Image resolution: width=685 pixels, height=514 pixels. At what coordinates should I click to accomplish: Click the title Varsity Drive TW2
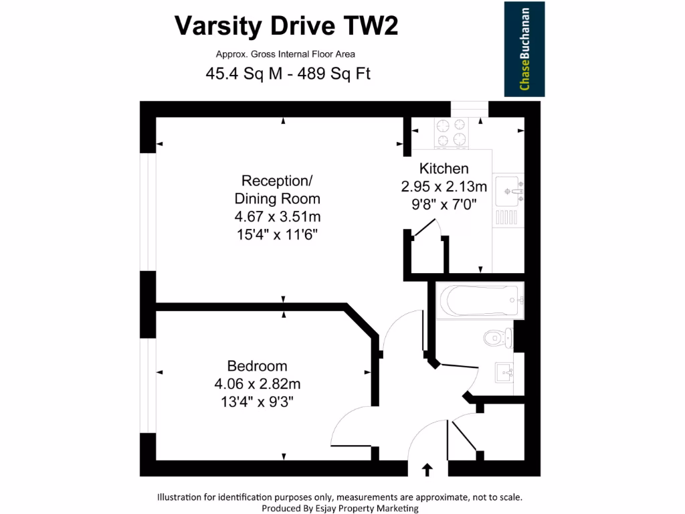[x=286, y=26]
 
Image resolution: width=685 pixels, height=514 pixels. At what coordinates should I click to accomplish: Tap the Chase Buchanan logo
[x=524, y=49]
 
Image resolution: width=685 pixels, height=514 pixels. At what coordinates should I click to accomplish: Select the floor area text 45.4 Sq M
[x=245, y=74]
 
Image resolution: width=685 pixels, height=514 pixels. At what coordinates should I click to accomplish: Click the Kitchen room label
[x=444, y=169]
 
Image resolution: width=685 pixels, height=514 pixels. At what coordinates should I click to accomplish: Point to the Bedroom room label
[x=257, y=366]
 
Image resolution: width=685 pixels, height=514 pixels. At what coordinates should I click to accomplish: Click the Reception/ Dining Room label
[x=277, y=189]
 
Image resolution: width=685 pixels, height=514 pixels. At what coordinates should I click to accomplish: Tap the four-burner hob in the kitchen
[x=452, y=132]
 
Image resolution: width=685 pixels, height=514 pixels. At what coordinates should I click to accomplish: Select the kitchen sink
[x=508, y=191]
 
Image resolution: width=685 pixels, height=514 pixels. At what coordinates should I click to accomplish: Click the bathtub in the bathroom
[x=479, y=301]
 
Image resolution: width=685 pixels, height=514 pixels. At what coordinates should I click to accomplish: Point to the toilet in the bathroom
[x=496, y=338]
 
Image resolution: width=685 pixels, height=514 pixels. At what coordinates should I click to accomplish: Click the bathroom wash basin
[x=504, y=372]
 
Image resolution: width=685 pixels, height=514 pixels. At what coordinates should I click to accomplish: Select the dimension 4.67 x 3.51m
[x=277, y=217]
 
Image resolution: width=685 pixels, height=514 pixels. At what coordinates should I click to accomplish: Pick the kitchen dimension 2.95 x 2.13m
[x=444, y=187]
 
